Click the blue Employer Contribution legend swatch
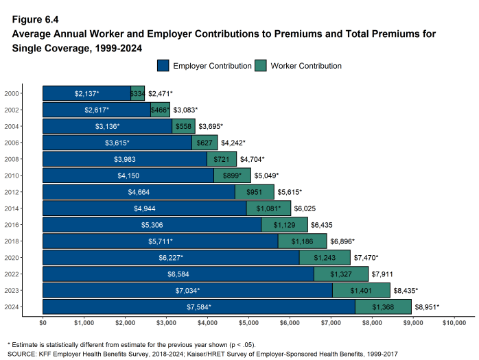tap(163, 66)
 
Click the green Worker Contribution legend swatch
tap(261, 66)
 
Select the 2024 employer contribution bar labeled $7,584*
tap(199, 307)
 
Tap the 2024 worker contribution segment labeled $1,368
tap(383, 307)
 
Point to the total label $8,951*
tap(426, 307)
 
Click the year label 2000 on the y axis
tap(12, 93)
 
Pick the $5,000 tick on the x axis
tap(248, 322)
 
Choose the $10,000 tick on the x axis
tap(454, 322)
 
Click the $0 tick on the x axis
tap(43, 322)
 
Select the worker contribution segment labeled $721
tap(222, 159)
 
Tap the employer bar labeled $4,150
tap(128, 176)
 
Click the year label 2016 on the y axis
tap(12, 225)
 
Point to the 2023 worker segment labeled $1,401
tap(361, 291)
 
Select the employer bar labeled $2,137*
tap(86, 93)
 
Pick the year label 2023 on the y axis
tap(12, 291)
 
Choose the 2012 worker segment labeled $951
tap(255, 192)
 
